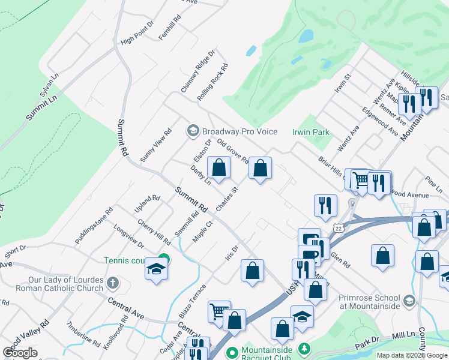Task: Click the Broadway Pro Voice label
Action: pyautogui.click(x=240, y=131)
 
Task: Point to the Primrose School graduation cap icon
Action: pyautogui.click(x=409, y=301)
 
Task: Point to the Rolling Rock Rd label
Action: pyautogui.click(x=212, y=82)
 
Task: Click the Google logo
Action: pyautogui.click(x=20, y=352)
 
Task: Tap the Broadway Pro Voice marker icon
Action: pyautogui.click(x=193, y=130)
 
